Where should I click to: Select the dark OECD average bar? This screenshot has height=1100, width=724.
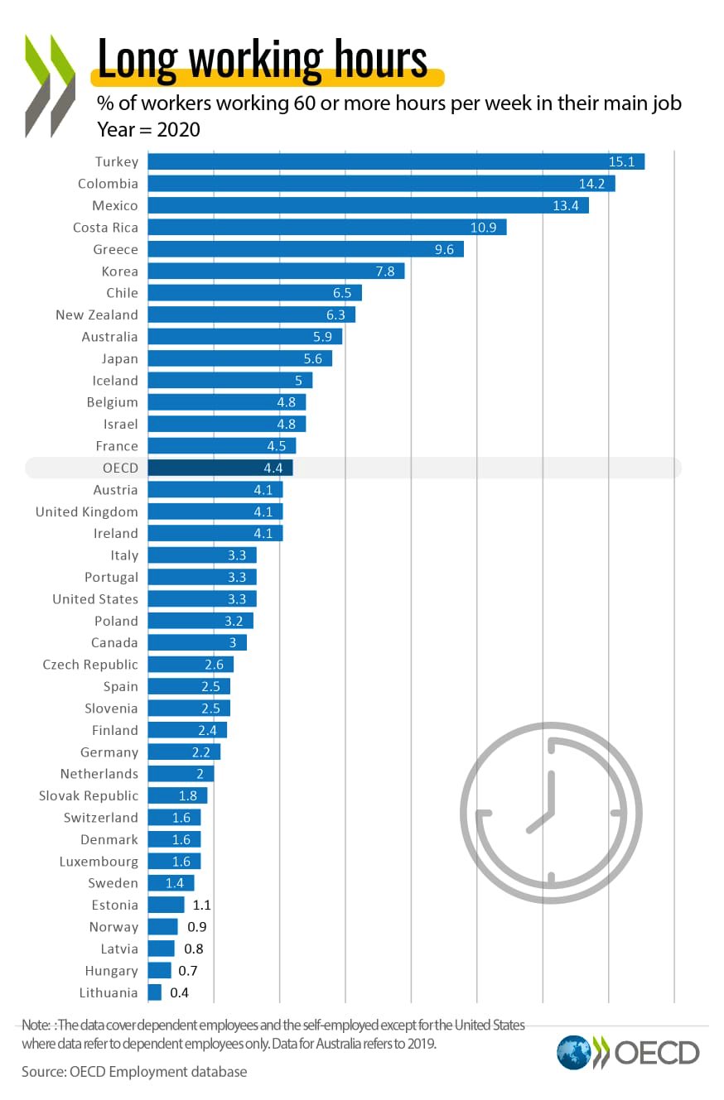[x=220, y=468]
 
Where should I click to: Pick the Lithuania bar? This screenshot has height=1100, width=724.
[x=155, y=992]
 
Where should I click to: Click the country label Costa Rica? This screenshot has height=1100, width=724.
[x=105, y=227]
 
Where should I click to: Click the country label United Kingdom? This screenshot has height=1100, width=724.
[x=86, y=512]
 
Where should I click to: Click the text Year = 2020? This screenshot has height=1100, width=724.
[x=148, y=130]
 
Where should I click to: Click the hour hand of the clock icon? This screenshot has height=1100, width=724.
[x=540, y=819]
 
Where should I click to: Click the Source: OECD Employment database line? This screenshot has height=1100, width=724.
[x=134, y=1072]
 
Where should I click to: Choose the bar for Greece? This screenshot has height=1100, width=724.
[x=306, y=249]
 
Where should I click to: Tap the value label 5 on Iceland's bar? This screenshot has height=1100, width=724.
[x=298, y=381]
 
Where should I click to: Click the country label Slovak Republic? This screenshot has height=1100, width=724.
[x=89, y=795]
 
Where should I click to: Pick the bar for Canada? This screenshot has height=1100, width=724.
[x=197, y=642]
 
